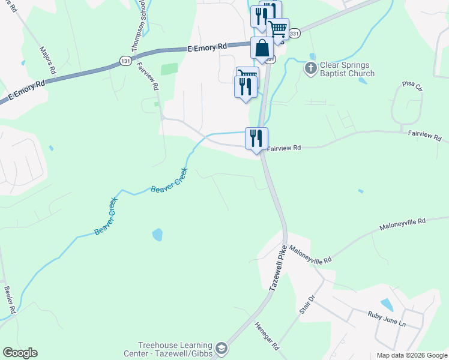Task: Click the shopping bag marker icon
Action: coord(262,49)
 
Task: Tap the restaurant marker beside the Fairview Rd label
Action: coord(256,139)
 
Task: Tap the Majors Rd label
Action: coord(48,59)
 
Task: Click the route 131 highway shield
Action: coord(125,61)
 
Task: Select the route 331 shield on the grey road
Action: coord(294,34)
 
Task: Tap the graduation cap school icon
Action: coord(221,349)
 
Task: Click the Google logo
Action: coord(20,353)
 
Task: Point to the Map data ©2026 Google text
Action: coord(411,355)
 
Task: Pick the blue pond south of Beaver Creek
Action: coord(157,235)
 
